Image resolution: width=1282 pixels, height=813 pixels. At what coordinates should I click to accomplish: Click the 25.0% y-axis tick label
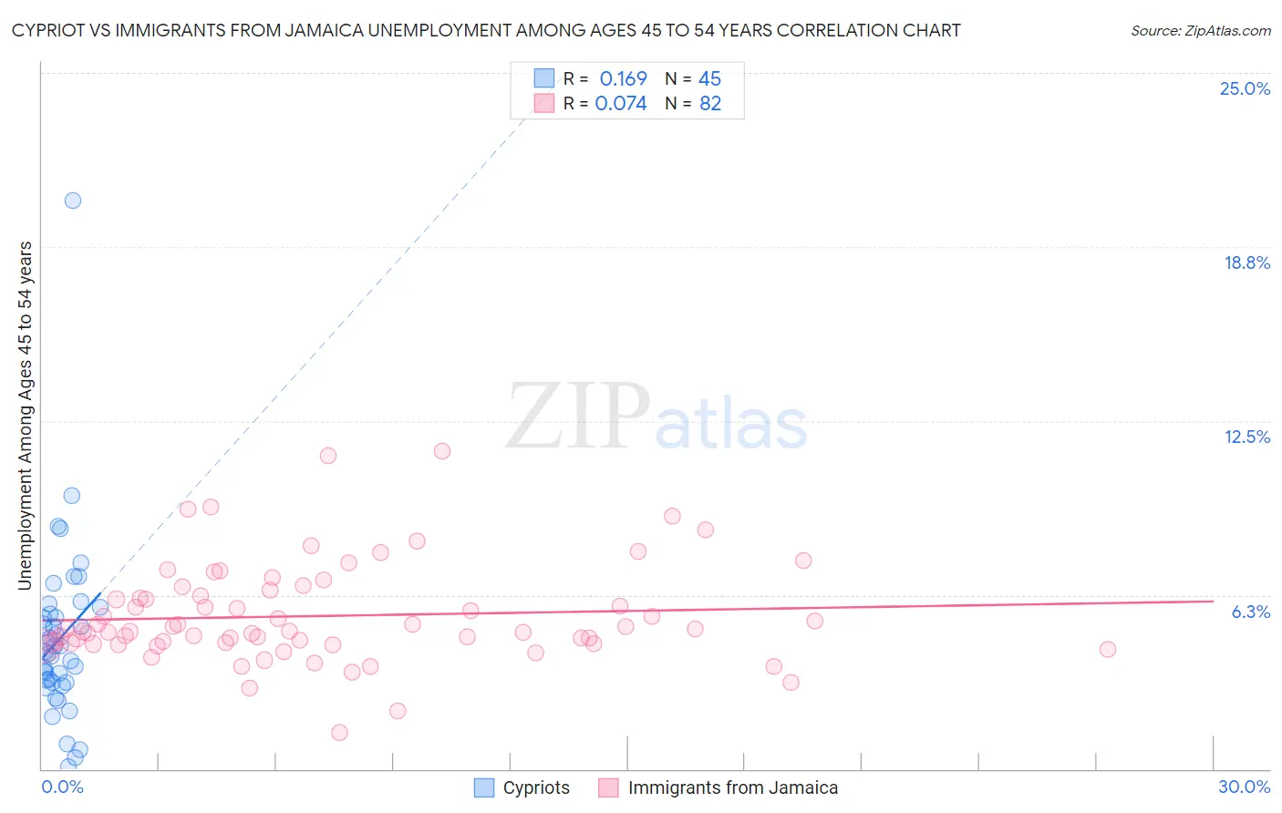1245,89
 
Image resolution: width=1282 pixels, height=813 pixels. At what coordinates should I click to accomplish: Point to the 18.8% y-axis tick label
1246,263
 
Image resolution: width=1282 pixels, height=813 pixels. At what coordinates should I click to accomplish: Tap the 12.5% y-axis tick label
1246,437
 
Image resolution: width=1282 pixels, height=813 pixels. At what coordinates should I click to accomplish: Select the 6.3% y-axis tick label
1250,612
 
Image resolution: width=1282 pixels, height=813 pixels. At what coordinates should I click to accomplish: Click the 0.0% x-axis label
62,787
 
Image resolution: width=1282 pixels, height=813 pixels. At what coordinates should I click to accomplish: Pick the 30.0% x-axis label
1244,787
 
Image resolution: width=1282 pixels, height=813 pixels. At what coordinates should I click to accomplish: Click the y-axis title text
26,416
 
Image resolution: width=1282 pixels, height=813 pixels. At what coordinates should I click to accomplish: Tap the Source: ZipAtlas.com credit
1200,31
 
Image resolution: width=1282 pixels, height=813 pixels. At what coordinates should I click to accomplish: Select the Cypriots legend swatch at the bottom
484,788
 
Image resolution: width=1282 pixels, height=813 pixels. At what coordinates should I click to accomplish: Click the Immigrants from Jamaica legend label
732,788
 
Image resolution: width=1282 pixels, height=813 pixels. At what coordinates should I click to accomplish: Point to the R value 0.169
623,79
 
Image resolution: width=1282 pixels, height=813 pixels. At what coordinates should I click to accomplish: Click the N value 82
710,104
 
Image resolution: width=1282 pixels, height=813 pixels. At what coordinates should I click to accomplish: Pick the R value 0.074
621,104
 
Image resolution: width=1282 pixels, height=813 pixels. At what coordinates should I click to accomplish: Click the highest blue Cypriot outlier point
73,201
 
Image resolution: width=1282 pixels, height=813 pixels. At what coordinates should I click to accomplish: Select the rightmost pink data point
1108,650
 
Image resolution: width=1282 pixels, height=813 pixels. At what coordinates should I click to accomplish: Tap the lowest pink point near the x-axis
339,733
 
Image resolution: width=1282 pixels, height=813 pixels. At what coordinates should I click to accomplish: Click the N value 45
709,79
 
